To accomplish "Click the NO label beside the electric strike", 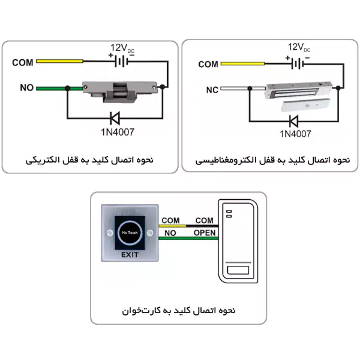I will pyautogui.click(x=26, y=88).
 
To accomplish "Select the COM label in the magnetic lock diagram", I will pyautogui.click(x=208, y=64).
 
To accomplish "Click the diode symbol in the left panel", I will pyautogui.click(x=113, y=118).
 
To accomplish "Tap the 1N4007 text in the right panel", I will pyautogui.click(x=295, y=133).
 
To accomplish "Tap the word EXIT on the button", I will pyautogui.click(x=130, y=255).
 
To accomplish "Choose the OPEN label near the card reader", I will pyautogui.click(x=205, y=233).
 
